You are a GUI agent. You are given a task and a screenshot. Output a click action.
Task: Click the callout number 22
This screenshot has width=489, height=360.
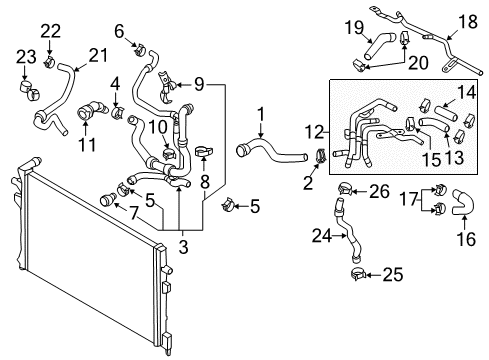(x=51, y=31)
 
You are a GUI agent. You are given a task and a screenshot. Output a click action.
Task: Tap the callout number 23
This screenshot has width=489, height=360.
(x=26, y=57)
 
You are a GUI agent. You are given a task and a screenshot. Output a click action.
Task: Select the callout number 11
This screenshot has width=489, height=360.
(x=87, y=145)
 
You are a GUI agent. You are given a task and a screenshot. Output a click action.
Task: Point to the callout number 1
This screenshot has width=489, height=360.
(x=261, y=114)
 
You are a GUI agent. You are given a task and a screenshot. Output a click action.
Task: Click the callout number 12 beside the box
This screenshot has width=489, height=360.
(x=314, y=132)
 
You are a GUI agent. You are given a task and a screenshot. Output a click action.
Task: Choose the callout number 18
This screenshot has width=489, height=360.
(x=468, y=22)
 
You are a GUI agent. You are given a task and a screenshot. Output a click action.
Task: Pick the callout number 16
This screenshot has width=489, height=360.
(x=466, y=239)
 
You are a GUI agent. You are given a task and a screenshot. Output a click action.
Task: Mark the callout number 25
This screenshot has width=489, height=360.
(x=393, y=275)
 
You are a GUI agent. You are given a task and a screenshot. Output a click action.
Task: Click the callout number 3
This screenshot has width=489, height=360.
(x=183, y=247)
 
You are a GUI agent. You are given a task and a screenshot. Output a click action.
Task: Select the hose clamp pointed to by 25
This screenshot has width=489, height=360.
(x=358, y=274)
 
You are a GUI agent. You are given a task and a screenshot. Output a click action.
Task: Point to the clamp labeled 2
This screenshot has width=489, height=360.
(x=321, y=156)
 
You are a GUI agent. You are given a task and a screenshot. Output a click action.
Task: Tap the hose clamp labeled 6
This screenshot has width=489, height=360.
(x=140, y=49)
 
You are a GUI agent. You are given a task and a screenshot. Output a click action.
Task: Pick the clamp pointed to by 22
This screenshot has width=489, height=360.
(x=50, y=62)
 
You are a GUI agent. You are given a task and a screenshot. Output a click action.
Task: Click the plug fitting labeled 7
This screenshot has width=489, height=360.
(x=107, y=199)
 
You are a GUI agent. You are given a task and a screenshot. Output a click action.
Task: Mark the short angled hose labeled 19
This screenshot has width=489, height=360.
(x=379, y=46)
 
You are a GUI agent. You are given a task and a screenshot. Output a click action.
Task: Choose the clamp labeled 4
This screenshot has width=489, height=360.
(x=117, y=112)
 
